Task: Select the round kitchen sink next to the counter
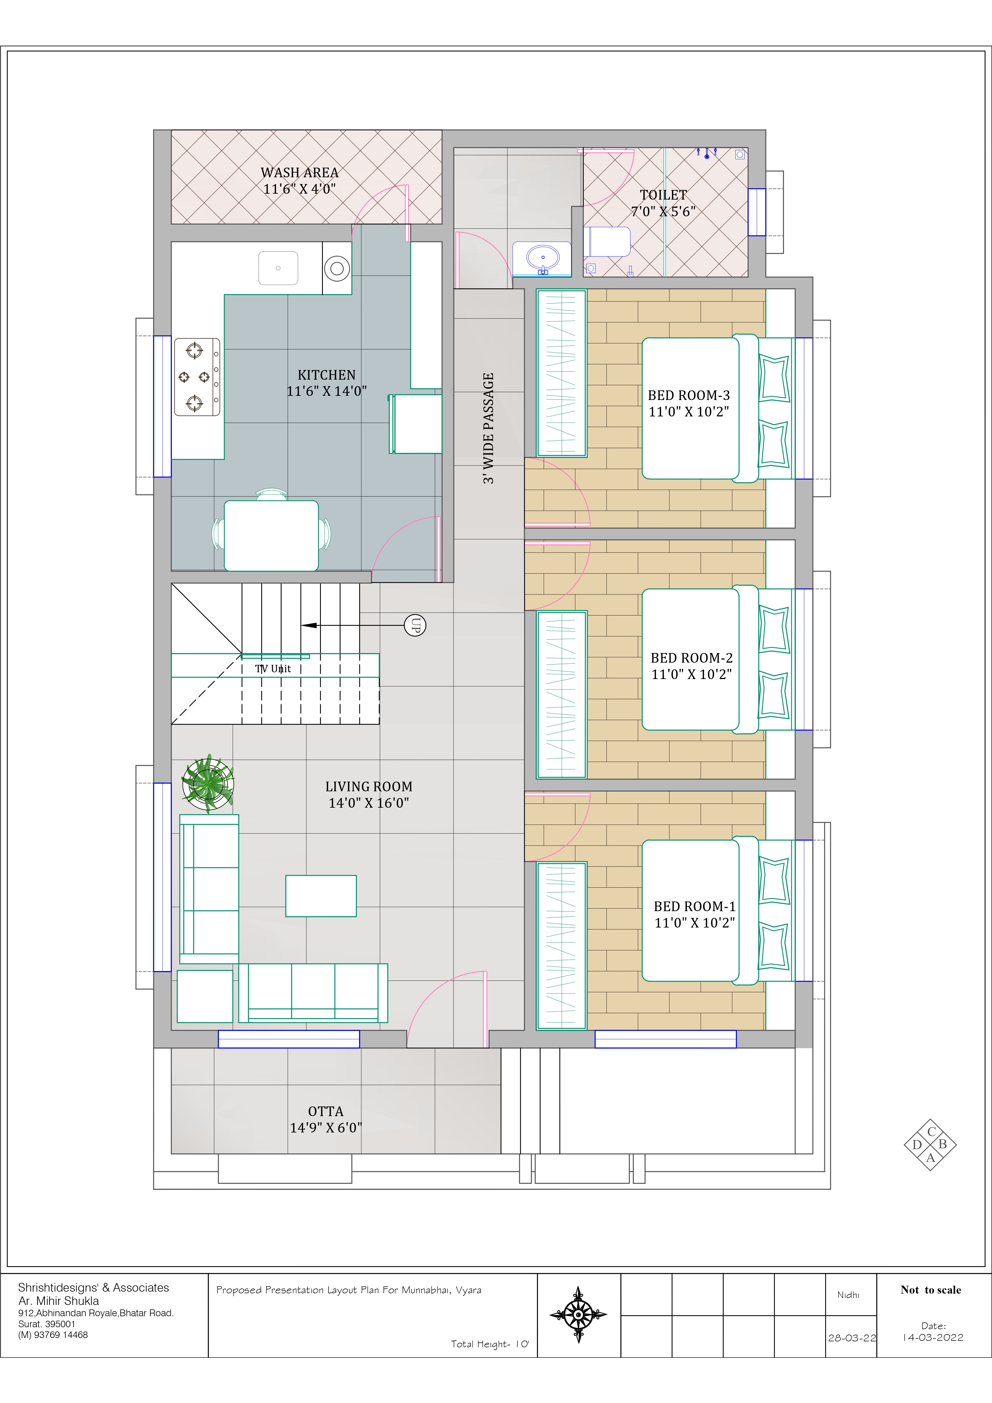(x=337, y=268)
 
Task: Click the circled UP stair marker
(x=415, y=625)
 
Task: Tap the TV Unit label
(x=273, y=669)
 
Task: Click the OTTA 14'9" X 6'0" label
(x=326, y=1119)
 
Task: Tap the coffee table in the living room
(x=321, y=896)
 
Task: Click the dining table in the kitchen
(x=271, y=535)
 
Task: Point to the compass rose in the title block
(x=578, y=1315)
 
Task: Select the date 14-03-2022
(x=933, y=1338)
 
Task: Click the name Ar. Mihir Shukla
(x=59, y=1301)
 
